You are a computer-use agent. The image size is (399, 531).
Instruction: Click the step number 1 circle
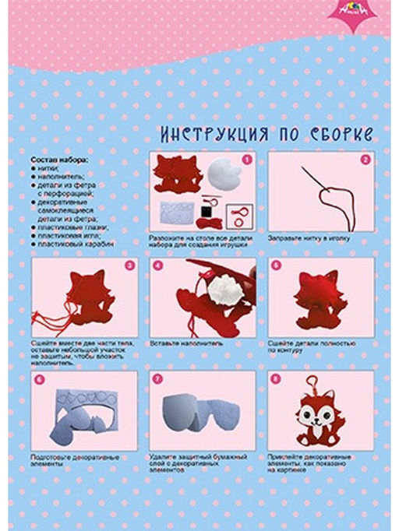[247, 160]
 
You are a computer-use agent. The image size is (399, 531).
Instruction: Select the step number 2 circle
[364, 160]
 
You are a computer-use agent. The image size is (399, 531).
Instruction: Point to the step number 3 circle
[129, 265]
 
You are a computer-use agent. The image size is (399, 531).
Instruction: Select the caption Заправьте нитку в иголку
[309, 237]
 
